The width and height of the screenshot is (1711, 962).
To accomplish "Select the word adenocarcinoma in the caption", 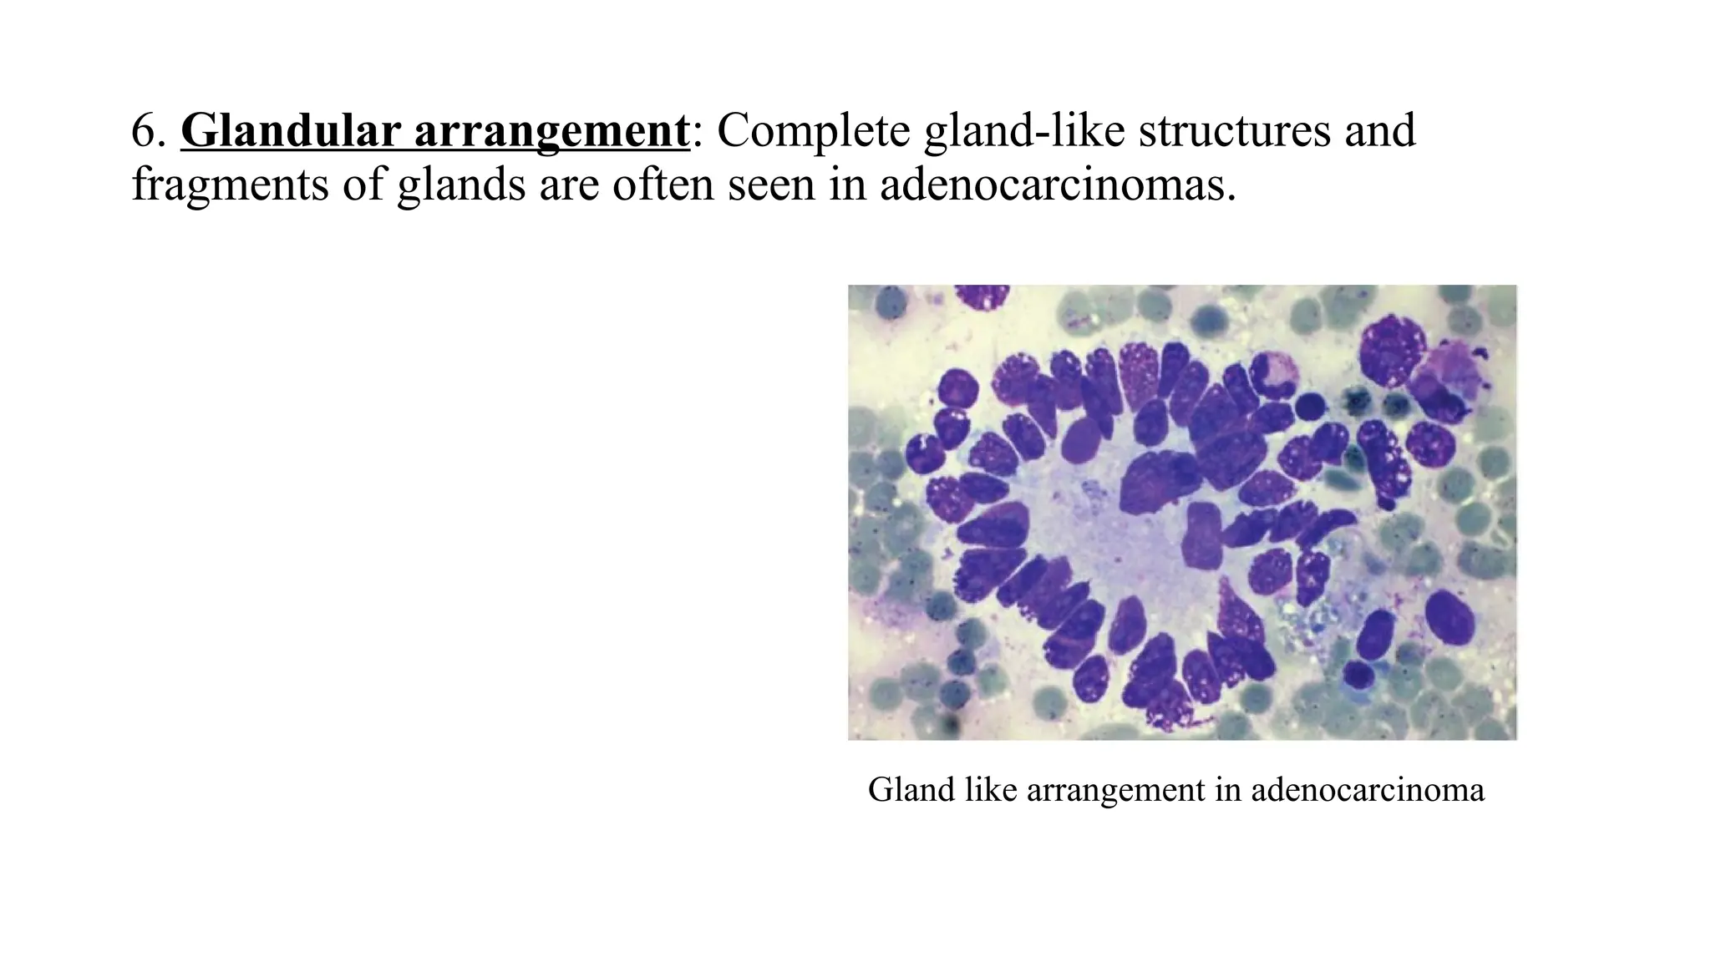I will pos(1368,790).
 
